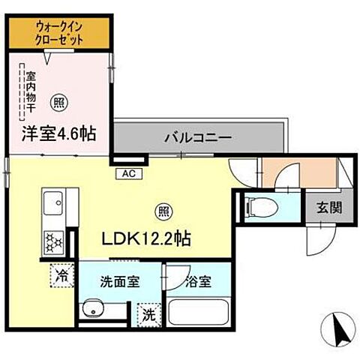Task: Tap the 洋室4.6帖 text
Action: [x=58, y=136]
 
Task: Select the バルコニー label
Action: [x=197, y=138]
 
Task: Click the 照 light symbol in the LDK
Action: [x=160, y=211]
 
